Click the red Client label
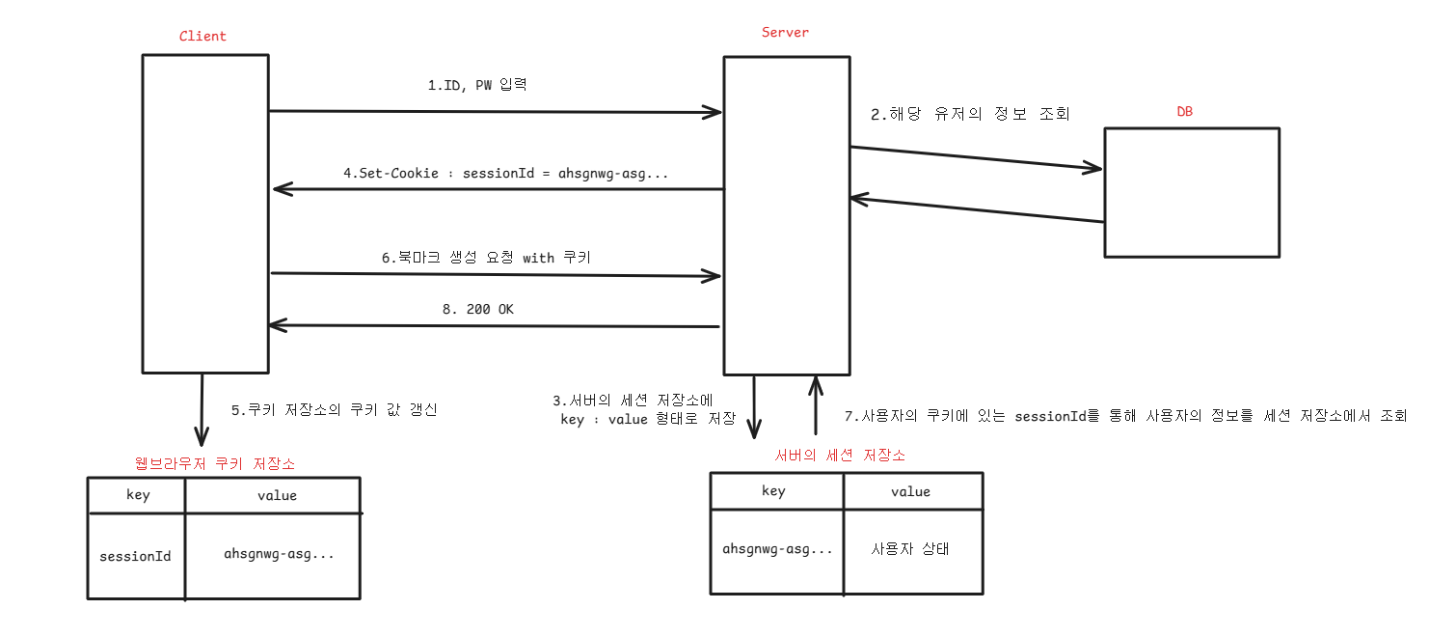coord(202,37)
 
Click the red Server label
coord(785,33)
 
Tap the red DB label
coord(1184,112)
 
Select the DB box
coord(1192,192)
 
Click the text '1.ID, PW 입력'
coord(477,85)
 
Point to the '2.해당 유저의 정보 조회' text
coord(970,114)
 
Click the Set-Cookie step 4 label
coord(506,174)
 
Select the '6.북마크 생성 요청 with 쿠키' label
coord(486,258)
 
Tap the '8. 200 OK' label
coord(478,309)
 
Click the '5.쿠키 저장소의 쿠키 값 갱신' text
coord(335,409)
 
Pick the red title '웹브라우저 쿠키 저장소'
coord(216,464)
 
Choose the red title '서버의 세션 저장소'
coord(840,455)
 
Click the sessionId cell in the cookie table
coord(136,556)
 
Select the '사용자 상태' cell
coord(910,549)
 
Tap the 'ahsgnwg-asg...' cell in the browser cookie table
coord(280,554)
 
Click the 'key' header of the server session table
coord(773,491)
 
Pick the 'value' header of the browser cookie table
coord(277,495)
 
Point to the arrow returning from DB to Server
coord(976,210)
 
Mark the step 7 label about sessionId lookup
coord(1125,416)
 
